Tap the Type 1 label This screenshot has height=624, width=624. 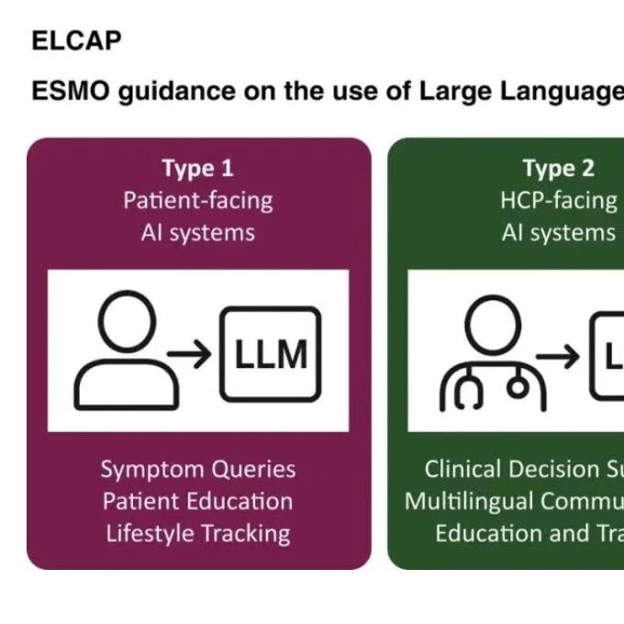coord(197,169)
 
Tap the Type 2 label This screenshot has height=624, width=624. coord(558,169)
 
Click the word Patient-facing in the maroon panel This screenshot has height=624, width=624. coord(198,200)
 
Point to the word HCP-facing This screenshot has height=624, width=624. coord(558,200)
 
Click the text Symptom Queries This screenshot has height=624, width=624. coord(198,469)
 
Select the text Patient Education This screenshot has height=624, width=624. coord(198,501)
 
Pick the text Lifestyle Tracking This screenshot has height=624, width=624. coord(198,533)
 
